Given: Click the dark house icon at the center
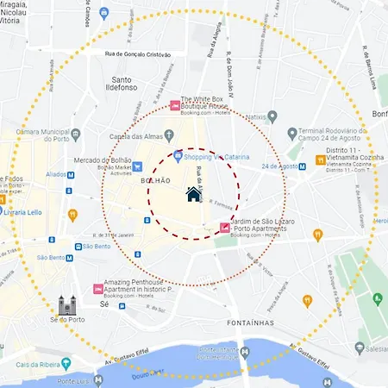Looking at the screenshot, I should pyautogui.click(x=194, y=194).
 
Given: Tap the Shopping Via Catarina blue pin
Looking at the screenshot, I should pyautogui.click(x=178, y=155).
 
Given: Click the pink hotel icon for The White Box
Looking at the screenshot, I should pyautogui.click(x=175, y=106).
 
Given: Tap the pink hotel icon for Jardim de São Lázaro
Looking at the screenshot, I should pyautogui.click(x=225, y=228).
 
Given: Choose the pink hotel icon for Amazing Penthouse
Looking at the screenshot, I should pyautogui.click(x=97, y=289).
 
